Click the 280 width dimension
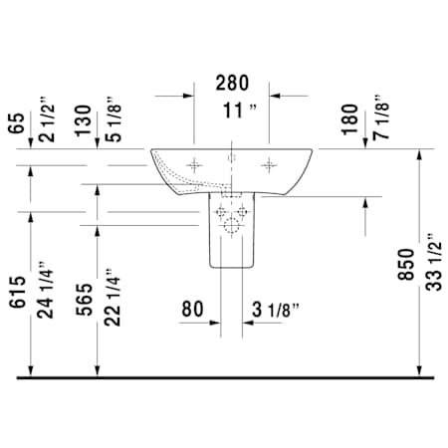pos(232,83)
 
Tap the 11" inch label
pos(240,111)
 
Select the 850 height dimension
pos(407,265)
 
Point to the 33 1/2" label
pos(434,262)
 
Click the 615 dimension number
pos(17,292)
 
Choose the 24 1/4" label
pos(45,290)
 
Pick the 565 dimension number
pos(85,300)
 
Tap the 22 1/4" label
pos(112,298)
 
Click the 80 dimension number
pos(192,309)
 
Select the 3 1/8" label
pos(276,310)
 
